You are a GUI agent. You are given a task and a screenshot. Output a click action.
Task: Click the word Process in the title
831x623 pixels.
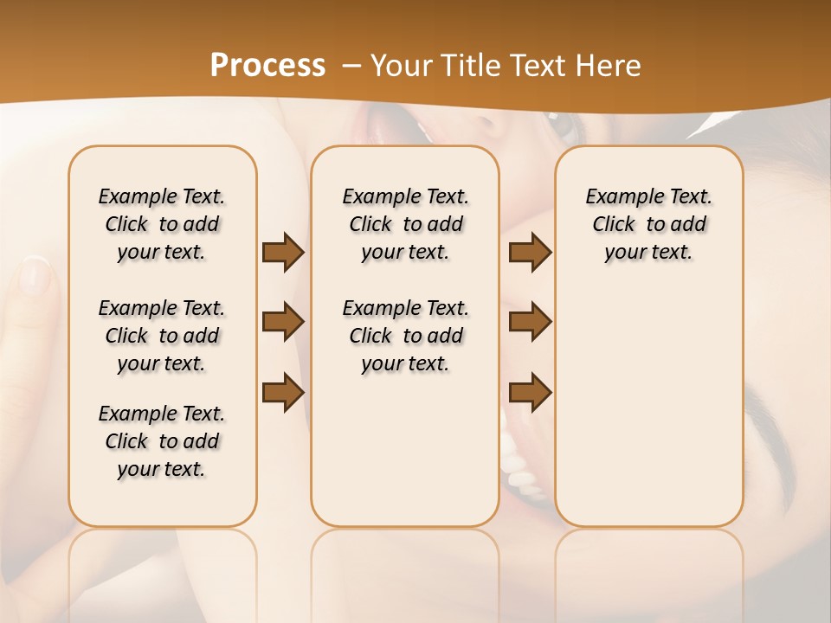[267, 66]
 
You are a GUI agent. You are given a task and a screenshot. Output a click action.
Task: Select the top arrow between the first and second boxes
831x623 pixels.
[283, 252]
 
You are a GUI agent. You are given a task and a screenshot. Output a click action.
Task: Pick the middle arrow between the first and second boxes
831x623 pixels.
[283, 322]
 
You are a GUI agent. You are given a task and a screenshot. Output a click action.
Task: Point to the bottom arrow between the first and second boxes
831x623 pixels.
[283, 392]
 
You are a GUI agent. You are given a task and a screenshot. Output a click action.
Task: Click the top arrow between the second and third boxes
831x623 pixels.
[530, 252]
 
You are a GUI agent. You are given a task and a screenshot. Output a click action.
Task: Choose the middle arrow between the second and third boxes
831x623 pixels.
[530, 322]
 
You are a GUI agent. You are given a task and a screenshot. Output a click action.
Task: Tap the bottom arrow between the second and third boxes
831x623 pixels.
[530, 392]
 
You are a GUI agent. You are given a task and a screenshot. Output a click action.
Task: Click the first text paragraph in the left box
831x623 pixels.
[162, 224]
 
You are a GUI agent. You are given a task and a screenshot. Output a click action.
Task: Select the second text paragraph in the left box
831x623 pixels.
[162, 336]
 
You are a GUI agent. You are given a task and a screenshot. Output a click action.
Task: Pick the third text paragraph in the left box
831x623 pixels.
[162, 441]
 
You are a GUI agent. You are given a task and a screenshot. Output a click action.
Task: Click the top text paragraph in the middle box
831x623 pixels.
[405, 224]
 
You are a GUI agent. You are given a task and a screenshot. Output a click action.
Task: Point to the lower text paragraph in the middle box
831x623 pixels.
[405, 336]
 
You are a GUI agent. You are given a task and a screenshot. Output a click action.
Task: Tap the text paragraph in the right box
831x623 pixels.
[648, 224]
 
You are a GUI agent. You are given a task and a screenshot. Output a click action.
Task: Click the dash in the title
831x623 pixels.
[351, 66]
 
